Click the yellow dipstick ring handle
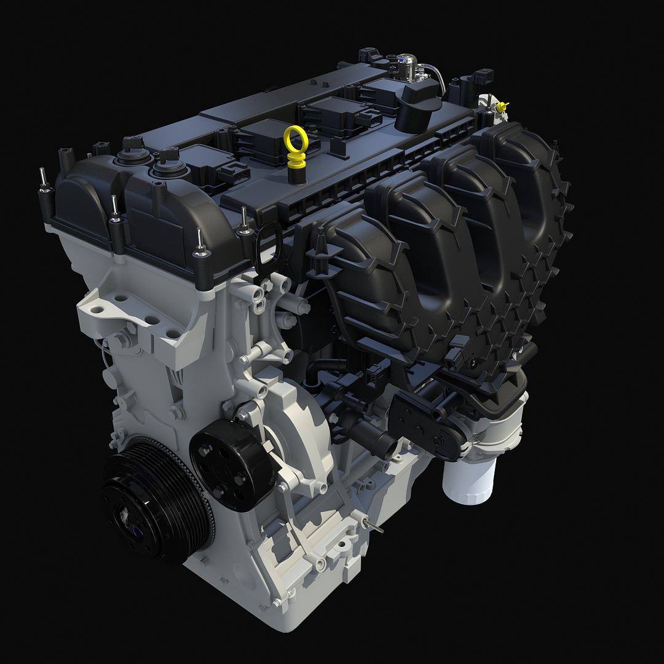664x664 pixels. point(296,140)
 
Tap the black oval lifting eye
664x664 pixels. point(265,249)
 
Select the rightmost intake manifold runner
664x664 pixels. point(529,184)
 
